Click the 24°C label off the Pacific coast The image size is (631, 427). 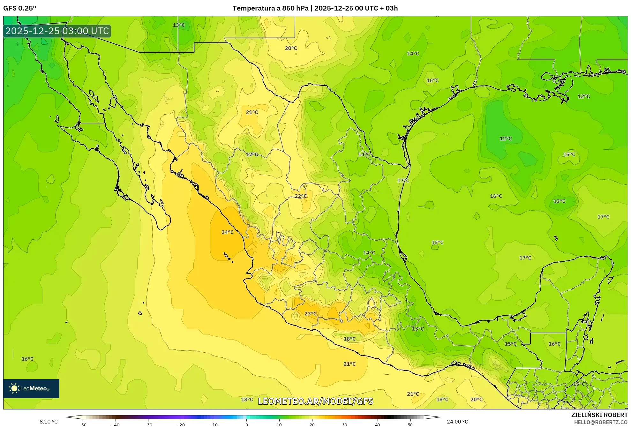click(228, 232)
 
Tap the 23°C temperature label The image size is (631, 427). click(311, 314)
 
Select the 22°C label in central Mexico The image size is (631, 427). click(301, 196)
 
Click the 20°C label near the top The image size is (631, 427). click(291, 48)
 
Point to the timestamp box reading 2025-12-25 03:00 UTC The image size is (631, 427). click(57, 31)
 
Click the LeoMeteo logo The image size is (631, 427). click(31, 388)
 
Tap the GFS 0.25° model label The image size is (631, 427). click(20, 8)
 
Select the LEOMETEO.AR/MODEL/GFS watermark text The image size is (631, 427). click(315, 401)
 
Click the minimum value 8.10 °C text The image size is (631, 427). click(49, 422)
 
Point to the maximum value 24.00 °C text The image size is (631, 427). click(457, 422)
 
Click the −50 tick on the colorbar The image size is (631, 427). click(83, 425)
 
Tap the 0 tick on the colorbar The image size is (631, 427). click(246, 425)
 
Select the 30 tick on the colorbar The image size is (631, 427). click(345, 425)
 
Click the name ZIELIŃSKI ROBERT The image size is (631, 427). click(599, 415)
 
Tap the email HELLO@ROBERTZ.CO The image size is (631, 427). click(601, 422)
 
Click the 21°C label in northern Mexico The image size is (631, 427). click(252, 112)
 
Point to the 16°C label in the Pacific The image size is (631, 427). click(27, 359)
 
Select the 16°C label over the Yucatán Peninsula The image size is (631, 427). click(555, 344)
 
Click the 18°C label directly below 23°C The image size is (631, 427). click(349, 339)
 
